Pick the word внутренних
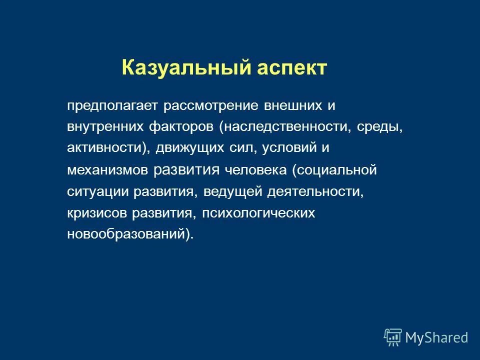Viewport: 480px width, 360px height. pos(104,127)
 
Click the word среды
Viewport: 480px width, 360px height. pos(380,127)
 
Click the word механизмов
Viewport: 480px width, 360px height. pos(107,170)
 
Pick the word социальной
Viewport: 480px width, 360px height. pos(335,170)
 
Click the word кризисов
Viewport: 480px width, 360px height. pos(97,213)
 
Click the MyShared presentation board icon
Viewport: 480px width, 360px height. pos(393,337)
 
